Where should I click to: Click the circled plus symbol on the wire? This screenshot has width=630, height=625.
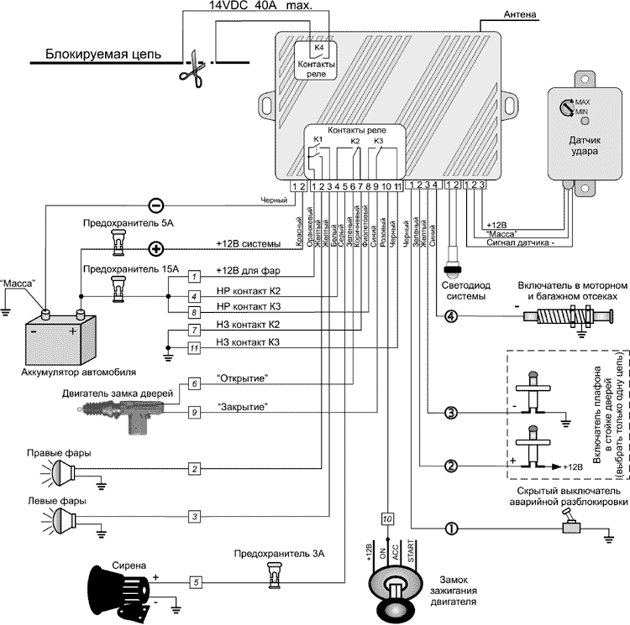pos(155,248)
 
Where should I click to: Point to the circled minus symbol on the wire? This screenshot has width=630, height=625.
pos(155,204)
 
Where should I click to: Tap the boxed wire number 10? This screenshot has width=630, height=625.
pos(387,518)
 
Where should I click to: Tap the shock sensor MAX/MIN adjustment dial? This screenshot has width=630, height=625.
pos(564,106)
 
